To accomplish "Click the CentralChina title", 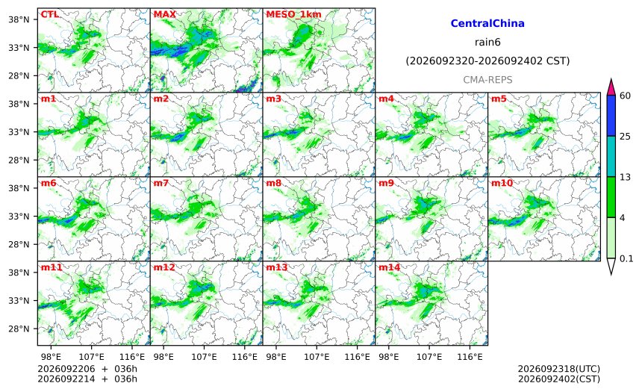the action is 487,23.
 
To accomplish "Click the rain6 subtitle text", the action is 487,43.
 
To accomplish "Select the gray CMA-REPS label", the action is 487,80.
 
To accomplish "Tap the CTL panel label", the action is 49,14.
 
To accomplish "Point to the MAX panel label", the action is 164,14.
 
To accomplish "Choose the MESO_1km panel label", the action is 293,15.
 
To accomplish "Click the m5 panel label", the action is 499,99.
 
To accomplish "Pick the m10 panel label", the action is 502,183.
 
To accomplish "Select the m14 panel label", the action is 389,267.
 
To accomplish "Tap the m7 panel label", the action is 161,183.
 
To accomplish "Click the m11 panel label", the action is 52,267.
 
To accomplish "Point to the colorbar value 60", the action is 625,96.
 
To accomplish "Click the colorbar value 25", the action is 625,137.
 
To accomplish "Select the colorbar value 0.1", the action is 626,258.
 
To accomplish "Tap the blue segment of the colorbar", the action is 611,116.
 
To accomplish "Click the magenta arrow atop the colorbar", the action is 611,87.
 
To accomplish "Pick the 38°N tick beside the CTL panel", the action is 19,19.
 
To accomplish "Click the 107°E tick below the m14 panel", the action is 429,357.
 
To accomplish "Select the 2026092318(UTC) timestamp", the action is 559,369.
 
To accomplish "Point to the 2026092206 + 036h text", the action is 87,369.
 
